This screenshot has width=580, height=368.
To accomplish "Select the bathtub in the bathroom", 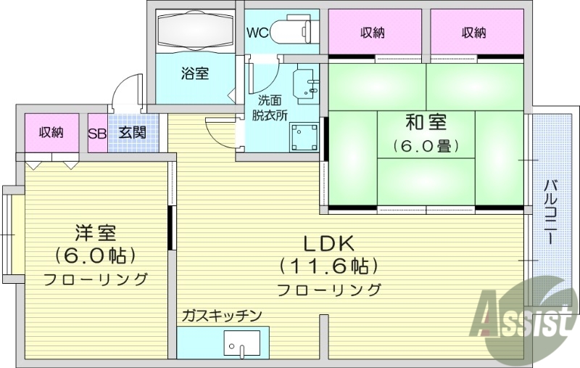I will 194,32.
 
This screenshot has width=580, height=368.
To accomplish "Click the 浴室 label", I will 194,74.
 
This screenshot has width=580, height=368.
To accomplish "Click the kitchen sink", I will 242,344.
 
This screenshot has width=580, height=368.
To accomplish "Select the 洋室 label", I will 96,234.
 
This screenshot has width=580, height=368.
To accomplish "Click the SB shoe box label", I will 97,133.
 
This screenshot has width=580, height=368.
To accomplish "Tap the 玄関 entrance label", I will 132,133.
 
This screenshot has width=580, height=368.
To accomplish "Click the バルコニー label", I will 550,211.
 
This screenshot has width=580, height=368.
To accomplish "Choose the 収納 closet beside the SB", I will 51,133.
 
